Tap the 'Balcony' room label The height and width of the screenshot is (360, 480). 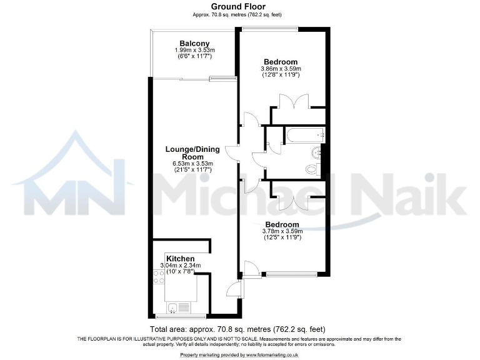tap(193, 43)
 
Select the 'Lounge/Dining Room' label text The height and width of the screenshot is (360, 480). tap(192, 153)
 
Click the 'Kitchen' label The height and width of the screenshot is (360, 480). tap(180, 258)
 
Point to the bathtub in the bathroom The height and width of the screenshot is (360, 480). tap(304, 134)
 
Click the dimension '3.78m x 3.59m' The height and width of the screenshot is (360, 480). tap(281, 231)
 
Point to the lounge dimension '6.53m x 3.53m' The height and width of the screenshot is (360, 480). tap(192, 164)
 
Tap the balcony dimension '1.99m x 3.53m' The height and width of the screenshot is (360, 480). tap(193, 50)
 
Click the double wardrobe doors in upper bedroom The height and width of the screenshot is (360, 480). tap(292, 101)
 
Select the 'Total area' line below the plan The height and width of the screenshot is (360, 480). tap(237, 329)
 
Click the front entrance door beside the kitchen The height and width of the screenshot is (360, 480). tap(232, 289)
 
